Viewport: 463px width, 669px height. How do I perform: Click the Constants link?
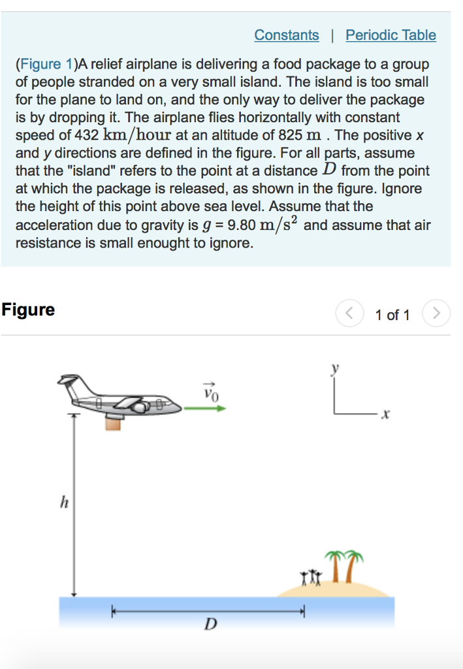[x=287, y=35]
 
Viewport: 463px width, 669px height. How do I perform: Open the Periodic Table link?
[x=391, y=35]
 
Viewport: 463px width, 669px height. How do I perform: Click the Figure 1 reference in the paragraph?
[x=47, y=64]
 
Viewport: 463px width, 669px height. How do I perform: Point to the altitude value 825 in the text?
[x=291, y=135]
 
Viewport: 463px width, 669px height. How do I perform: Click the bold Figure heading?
[x=28, y=310]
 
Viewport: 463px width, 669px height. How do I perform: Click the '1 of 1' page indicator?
[x=392, y=315]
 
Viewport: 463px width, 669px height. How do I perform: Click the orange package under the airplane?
[x=114, y=423]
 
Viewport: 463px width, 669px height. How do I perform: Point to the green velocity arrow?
[x=204, y=408]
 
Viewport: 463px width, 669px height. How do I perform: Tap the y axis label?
[x=336, y=369]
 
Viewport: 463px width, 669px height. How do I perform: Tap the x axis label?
[x=386, y=414]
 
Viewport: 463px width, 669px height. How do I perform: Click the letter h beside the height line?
[x=63, y=502]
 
